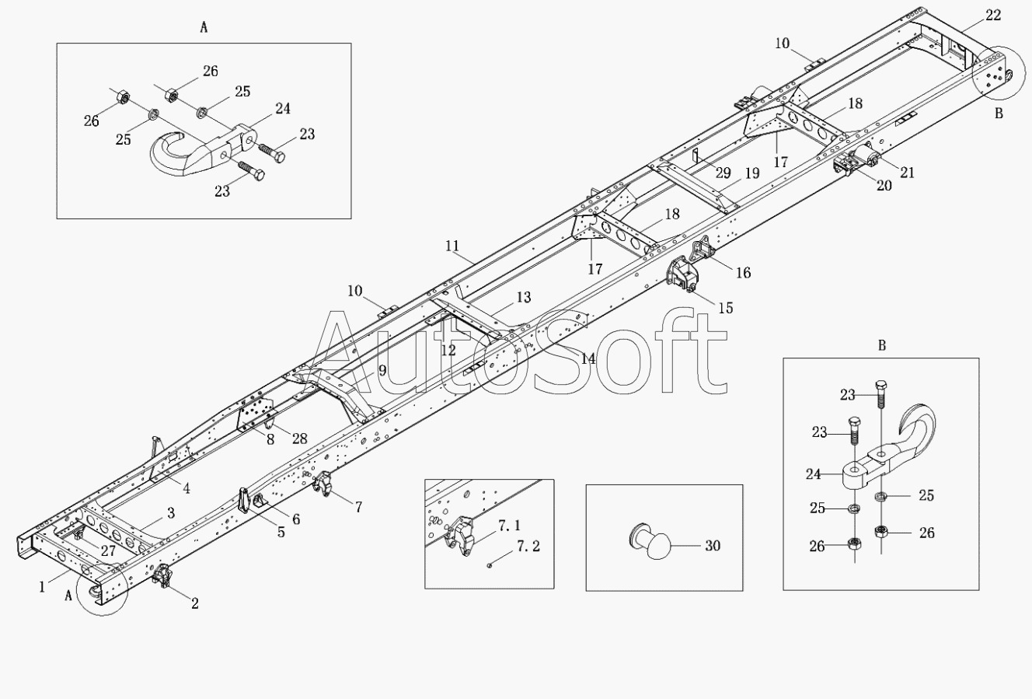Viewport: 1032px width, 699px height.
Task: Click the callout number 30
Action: pos(713,546)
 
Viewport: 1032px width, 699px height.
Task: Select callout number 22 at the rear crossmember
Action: pos(993,16)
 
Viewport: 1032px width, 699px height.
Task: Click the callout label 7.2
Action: pos(528,547)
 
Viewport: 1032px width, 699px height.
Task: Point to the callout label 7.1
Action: pos(509,525)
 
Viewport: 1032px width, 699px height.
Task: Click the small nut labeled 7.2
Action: pos(490,565)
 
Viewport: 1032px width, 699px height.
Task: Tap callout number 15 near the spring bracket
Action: pos(726,308)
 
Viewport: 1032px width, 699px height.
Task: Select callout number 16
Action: pos(743,272)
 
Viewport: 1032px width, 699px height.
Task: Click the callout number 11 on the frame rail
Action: pos(452,246)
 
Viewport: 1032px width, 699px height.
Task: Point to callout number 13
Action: pos(523,297)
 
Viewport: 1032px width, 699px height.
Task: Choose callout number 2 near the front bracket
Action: pos(195,603)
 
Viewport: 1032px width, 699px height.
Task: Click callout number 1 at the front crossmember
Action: pos(43,587)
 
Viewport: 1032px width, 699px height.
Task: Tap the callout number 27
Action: pos(108,550)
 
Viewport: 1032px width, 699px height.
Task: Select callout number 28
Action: pos(299,438)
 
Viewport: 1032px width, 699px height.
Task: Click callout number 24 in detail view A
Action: pos(282,108)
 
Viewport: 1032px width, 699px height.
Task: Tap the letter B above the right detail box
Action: pos(882,345)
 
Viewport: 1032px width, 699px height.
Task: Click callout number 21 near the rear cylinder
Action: pos(907,173)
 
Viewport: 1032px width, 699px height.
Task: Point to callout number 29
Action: pos(723,173)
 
